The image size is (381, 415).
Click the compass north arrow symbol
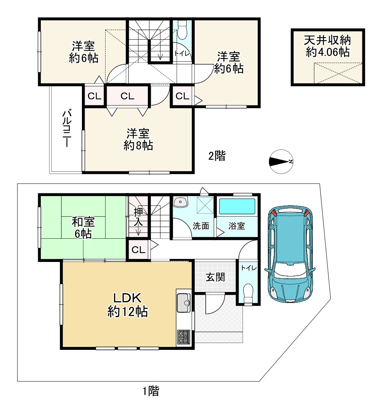[x=280, y=161]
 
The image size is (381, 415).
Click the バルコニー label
[x=67, y=128]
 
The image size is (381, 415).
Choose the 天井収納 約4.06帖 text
[x=327, y=46]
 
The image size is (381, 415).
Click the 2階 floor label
[x=216, y=156]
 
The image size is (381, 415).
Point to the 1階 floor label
[x=150, y=391]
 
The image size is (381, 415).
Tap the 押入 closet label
[x=138, y=217]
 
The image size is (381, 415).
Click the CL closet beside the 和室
[x=138, y=250]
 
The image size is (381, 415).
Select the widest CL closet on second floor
[x=128, y=96]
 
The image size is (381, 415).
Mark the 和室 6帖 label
[x=83, y=227]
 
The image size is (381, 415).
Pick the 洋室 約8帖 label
[x=138, y=139]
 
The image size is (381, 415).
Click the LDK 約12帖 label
[x=128, y=305]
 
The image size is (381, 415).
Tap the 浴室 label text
[x=237, y=226]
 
